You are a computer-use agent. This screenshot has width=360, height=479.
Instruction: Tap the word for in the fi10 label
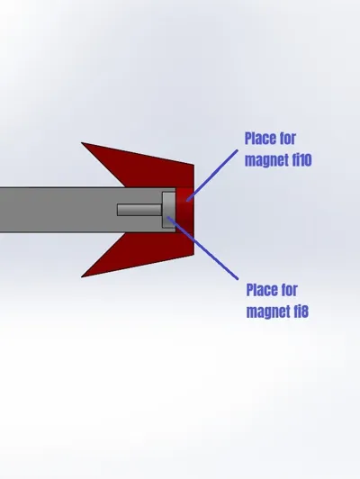(288, 139)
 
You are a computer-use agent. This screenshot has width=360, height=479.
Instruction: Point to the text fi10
(301, 159)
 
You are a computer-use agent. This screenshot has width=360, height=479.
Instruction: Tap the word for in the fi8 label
(290, 290)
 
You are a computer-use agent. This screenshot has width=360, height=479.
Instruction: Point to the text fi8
(301, 311)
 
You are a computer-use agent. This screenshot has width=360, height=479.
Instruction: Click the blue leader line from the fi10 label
(212, 176)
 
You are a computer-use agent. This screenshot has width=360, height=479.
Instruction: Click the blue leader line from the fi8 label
(202, 248)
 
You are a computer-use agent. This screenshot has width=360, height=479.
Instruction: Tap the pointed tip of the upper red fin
(82, 142)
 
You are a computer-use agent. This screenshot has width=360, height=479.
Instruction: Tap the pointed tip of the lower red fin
(82, 276)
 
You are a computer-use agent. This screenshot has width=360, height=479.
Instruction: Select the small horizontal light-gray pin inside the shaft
(139, 210)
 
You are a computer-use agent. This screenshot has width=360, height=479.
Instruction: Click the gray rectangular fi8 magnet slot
(169, 210)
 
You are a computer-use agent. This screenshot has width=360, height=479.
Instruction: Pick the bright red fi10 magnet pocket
(184, 210)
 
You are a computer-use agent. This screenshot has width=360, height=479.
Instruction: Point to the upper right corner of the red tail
(193, 165)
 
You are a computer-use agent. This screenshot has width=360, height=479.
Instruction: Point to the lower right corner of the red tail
(193, 255)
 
